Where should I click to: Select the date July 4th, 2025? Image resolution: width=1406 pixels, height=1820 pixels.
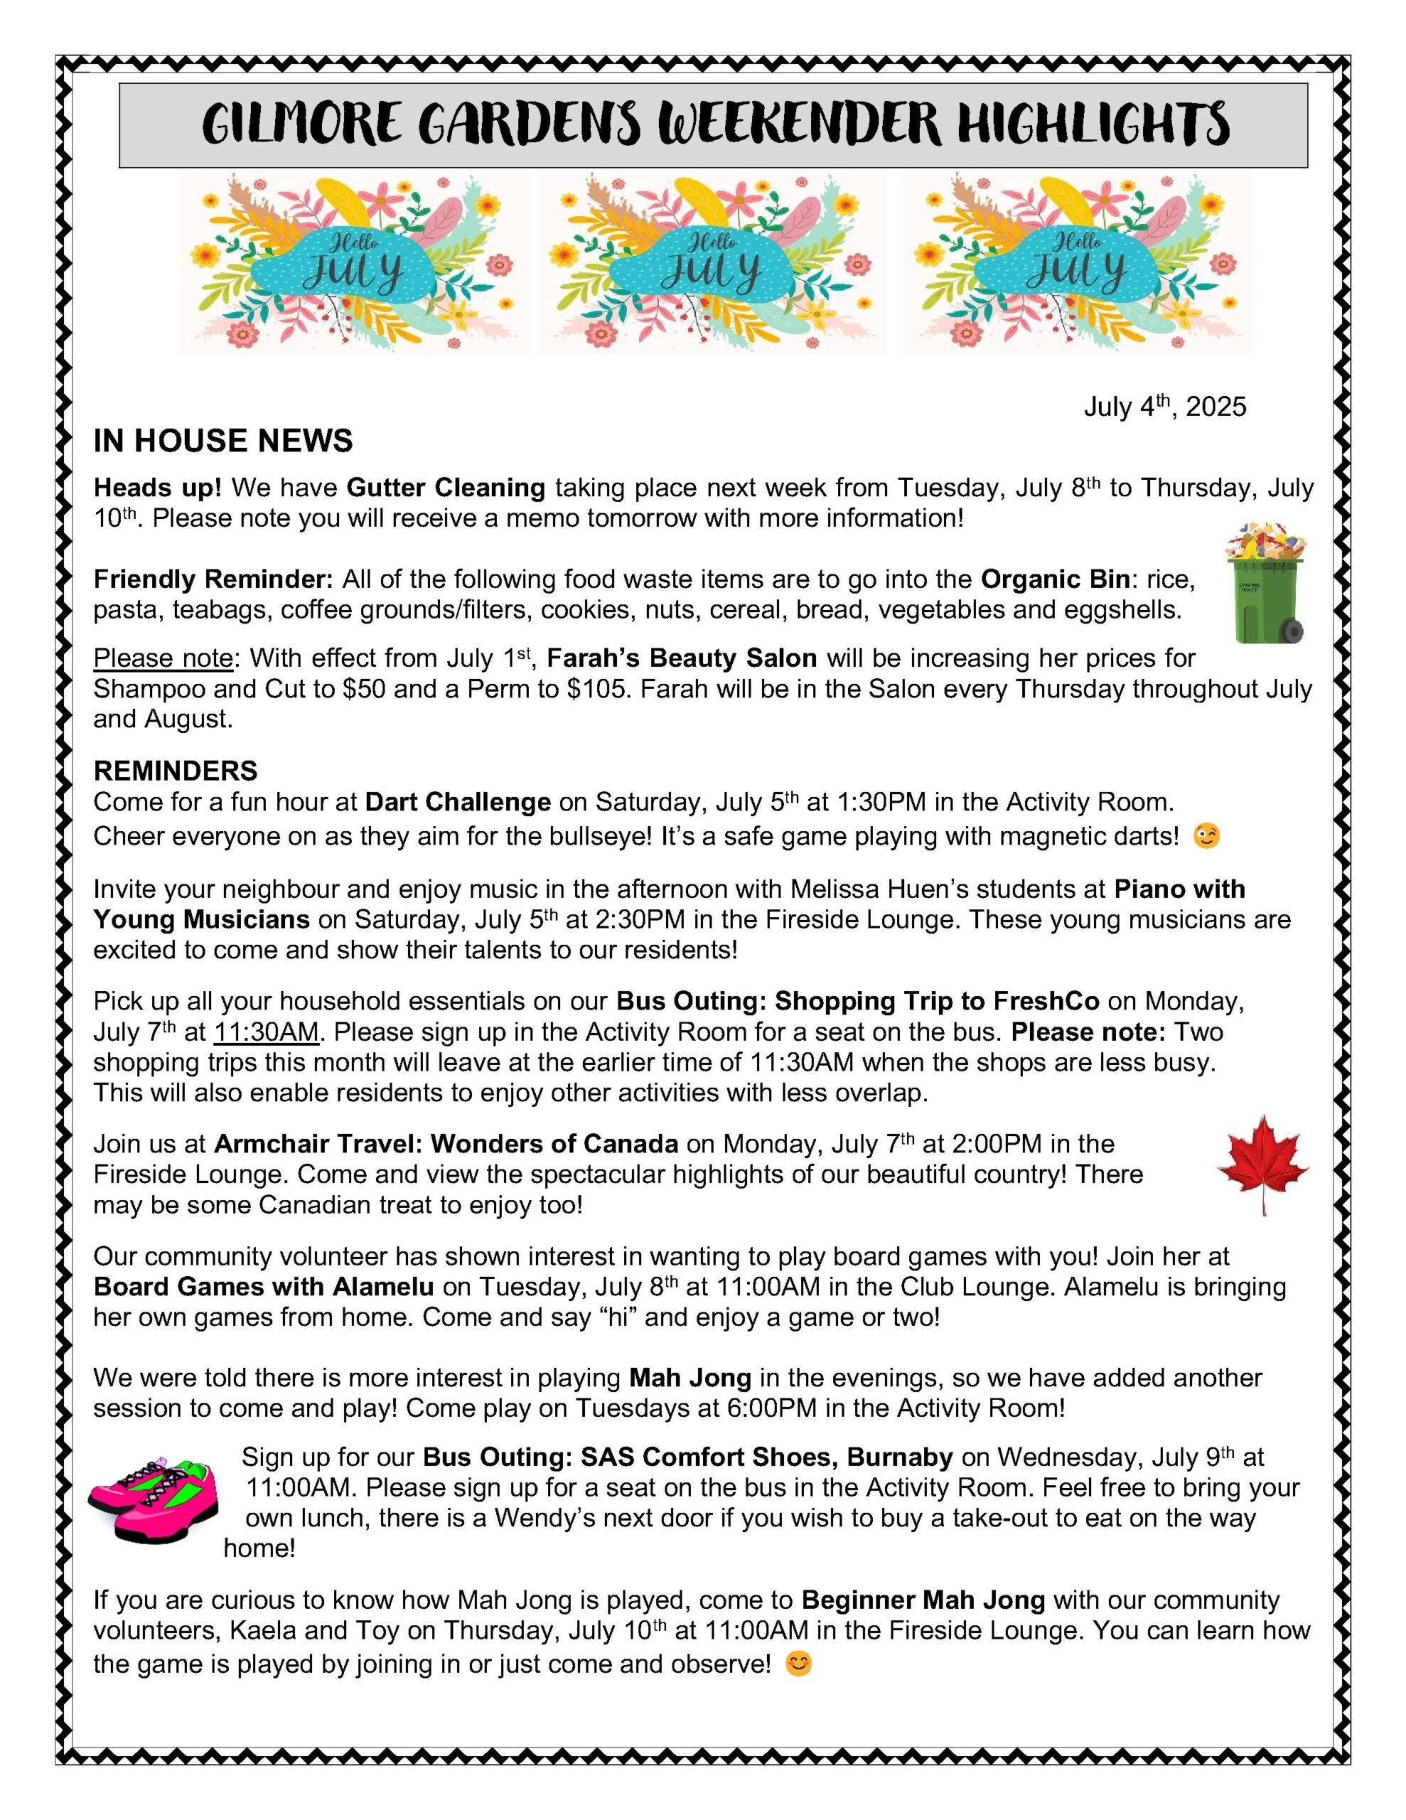1164,407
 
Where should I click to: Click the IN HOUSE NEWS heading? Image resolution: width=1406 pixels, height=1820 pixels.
222,441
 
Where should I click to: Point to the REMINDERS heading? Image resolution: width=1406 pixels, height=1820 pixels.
175,769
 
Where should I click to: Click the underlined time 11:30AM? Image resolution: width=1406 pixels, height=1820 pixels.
267,1032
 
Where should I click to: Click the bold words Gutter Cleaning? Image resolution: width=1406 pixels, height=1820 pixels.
446,488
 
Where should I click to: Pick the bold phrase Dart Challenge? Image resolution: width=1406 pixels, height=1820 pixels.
458,802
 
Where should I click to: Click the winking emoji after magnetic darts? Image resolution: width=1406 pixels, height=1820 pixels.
1206,835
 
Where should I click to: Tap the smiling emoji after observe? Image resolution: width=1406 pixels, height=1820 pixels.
798,1664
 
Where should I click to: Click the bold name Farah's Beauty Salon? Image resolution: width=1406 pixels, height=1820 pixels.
681,658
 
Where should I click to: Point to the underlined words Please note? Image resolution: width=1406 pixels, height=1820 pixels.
163,658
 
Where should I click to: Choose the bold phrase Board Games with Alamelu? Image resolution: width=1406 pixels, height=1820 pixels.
264,1287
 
